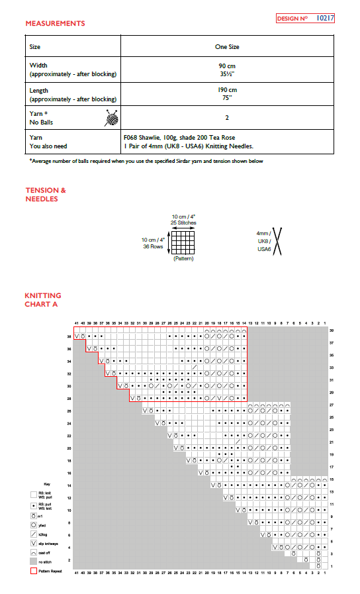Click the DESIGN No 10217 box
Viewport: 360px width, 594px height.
(305, 19)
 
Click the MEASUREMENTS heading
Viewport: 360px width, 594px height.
(55, 24)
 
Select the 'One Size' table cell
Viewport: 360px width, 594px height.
(227, 47)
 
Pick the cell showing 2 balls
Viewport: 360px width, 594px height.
(227, 118)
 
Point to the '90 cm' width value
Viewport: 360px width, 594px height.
(227, 66)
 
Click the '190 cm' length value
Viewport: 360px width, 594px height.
(227, 90)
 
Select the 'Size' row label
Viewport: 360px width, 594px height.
(35, 47)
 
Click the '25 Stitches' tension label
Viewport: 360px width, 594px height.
(183, 223)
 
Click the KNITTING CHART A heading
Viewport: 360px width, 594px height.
(43, 299)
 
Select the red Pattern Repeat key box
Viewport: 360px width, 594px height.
(33, 570)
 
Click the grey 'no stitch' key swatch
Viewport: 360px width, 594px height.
(33, 561)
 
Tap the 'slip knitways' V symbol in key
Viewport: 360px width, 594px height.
(33, 542)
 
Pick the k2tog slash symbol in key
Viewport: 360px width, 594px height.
(33, 532)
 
